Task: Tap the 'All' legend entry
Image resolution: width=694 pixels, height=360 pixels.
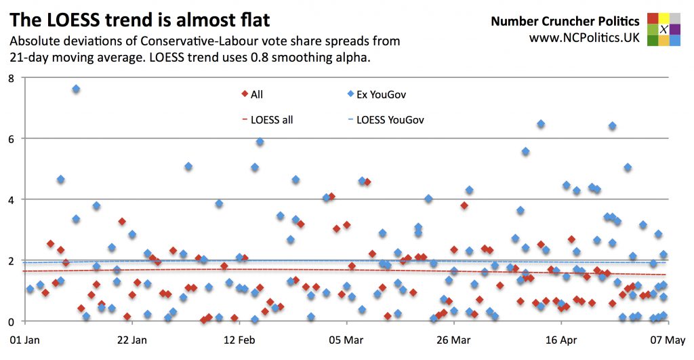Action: coord(252,95)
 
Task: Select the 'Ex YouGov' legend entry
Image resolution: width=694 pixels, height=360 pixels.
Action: coord(371,95)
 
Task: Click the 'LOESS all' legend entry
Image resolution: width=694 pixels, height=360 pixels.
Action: coord(267,120)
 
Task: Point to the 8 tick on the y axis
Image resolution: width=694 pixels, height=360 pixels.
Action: coord(10,78)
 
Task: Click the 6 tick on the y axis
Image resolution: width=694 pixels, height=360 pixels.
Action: coord(10,138)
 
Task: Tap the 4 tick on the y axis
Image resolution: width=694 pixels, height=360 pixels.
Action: coord(10,199)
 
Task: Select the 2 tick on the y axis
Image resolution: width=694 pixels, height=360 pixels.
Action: coord(10,260)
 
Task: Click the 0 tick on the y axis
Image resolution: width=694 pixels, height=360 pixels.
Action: coord(10,321)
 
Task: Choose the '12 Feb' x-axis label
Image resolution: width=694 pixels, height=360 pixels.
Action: coord(239,339)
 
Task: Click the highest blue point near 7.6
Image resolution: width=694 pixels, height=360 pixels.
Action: coord(76,89)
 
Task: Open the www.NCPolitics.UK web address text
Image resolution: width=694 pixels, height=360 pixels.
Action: coord(584,38)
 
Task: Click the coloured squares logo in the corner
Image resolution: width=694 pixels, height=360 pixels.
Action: coord(664,29)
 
